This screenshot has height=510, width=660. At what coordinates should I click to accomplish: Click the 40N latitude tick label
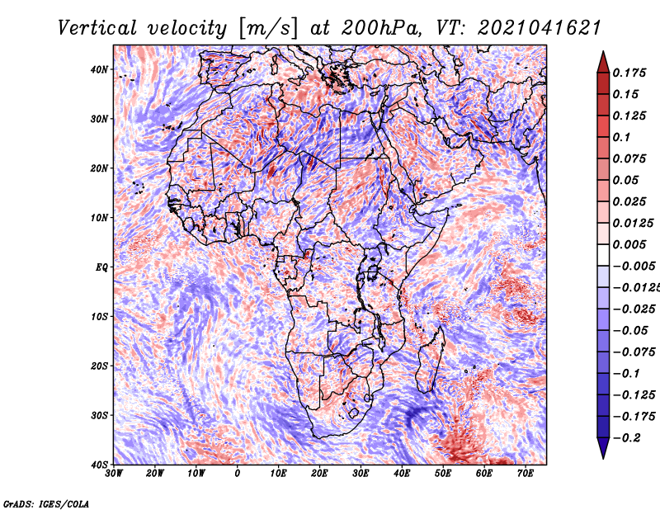[99, 69]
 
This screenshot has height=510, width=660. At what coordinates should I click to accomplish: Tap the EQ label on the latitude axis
[101, 267]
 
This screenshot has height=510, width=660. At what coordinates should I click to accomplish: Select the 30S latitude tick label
[99, 415]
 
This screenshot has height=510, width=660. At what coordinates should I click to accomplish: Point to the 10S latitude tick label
[99, 317]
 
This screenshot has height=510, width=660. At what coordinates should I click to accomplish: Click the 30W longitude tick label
[114, 474]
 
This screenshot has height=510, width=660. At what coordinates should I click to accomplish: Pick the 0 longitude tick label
[238, 474]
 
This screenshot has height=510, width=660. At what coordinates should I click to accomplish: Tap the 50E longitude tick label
[443, 474]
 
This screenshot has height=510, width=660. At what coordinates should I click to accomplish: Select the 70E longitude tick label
[526, 474]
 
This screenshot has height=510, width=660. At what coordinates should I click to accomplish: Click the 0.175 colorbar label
[629, 73]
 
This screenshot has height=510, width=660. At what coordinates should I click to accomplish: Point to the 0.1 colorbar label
[622, 137]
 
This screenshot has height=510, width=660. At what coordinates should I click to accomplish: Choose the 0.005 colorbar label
[629, 244]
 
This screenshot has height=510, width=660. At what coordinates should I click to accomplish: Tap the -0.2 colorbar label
[627, 438]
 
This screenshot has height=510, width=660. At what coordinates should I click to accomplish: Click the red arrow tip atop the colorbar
[603, 52]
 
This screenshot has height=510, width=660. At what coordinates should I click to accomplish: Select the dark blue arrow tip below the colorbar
[603, 458]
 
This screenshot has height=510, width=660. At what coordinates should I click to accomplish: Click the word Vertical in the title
[97, 28]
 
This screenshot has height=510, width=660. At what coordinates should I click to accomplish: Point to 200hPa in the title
[380, 28]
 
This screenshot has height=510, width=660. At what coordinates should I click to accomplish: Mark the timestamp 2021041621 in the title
[540, 28]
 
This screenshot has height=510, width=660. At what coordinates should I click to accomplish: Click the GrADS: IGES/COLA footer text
[46, 503]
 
